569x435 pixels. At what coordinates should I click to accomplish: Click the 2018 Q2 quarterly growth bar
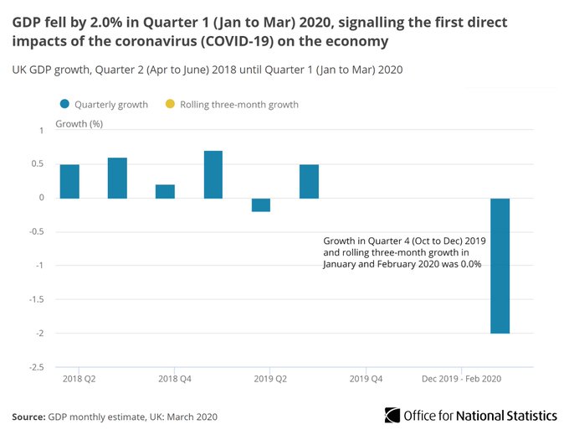pos(69,181)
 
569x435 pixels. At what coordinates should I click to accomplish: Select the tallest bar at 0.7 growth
pos(213,174)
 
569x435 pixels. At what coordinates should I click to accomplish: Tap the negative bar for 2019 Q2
pos(261,205)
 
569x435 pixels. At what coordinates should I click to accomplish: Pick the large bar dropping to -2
pos(500,265)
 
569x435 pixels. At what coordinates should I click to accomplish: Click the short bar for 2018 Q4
pos(165,191)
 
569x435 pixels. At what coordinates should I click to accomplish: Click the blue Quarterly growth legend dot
pos(64,105)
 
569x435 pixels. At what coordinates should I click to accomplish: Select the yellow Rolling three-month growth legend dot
pos(170,105)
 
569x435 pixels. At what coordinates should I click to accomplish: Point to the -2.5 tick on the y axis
pos(36,367)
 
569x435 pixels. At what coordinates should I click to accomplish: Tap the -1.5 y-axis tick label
pos(36,299)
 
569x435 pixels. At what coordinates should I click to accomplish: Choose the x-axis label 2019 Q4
pos(366,379)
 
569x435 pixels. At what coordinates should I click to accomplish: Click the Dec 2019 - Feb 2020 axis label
pos(461,379)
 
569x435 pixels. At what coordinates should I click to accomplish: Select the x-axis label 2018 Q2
pos(79,379)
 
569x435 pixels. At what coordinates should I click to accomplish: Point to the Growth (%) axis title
pos(79,124)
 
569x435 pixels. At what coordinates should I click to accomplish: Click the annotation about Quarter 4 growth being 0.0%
pos(404,251)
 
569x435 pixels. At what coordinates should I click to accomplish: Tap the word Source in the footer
pos(28,416)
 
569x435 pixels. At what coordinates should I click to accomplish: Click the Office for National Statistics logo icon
pos(392,415)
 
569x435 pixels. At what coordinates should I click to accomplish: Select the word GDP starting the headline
pos(26,21)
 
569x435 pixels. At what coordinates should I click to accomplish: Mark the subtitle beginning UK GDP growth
pos(208,70)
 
